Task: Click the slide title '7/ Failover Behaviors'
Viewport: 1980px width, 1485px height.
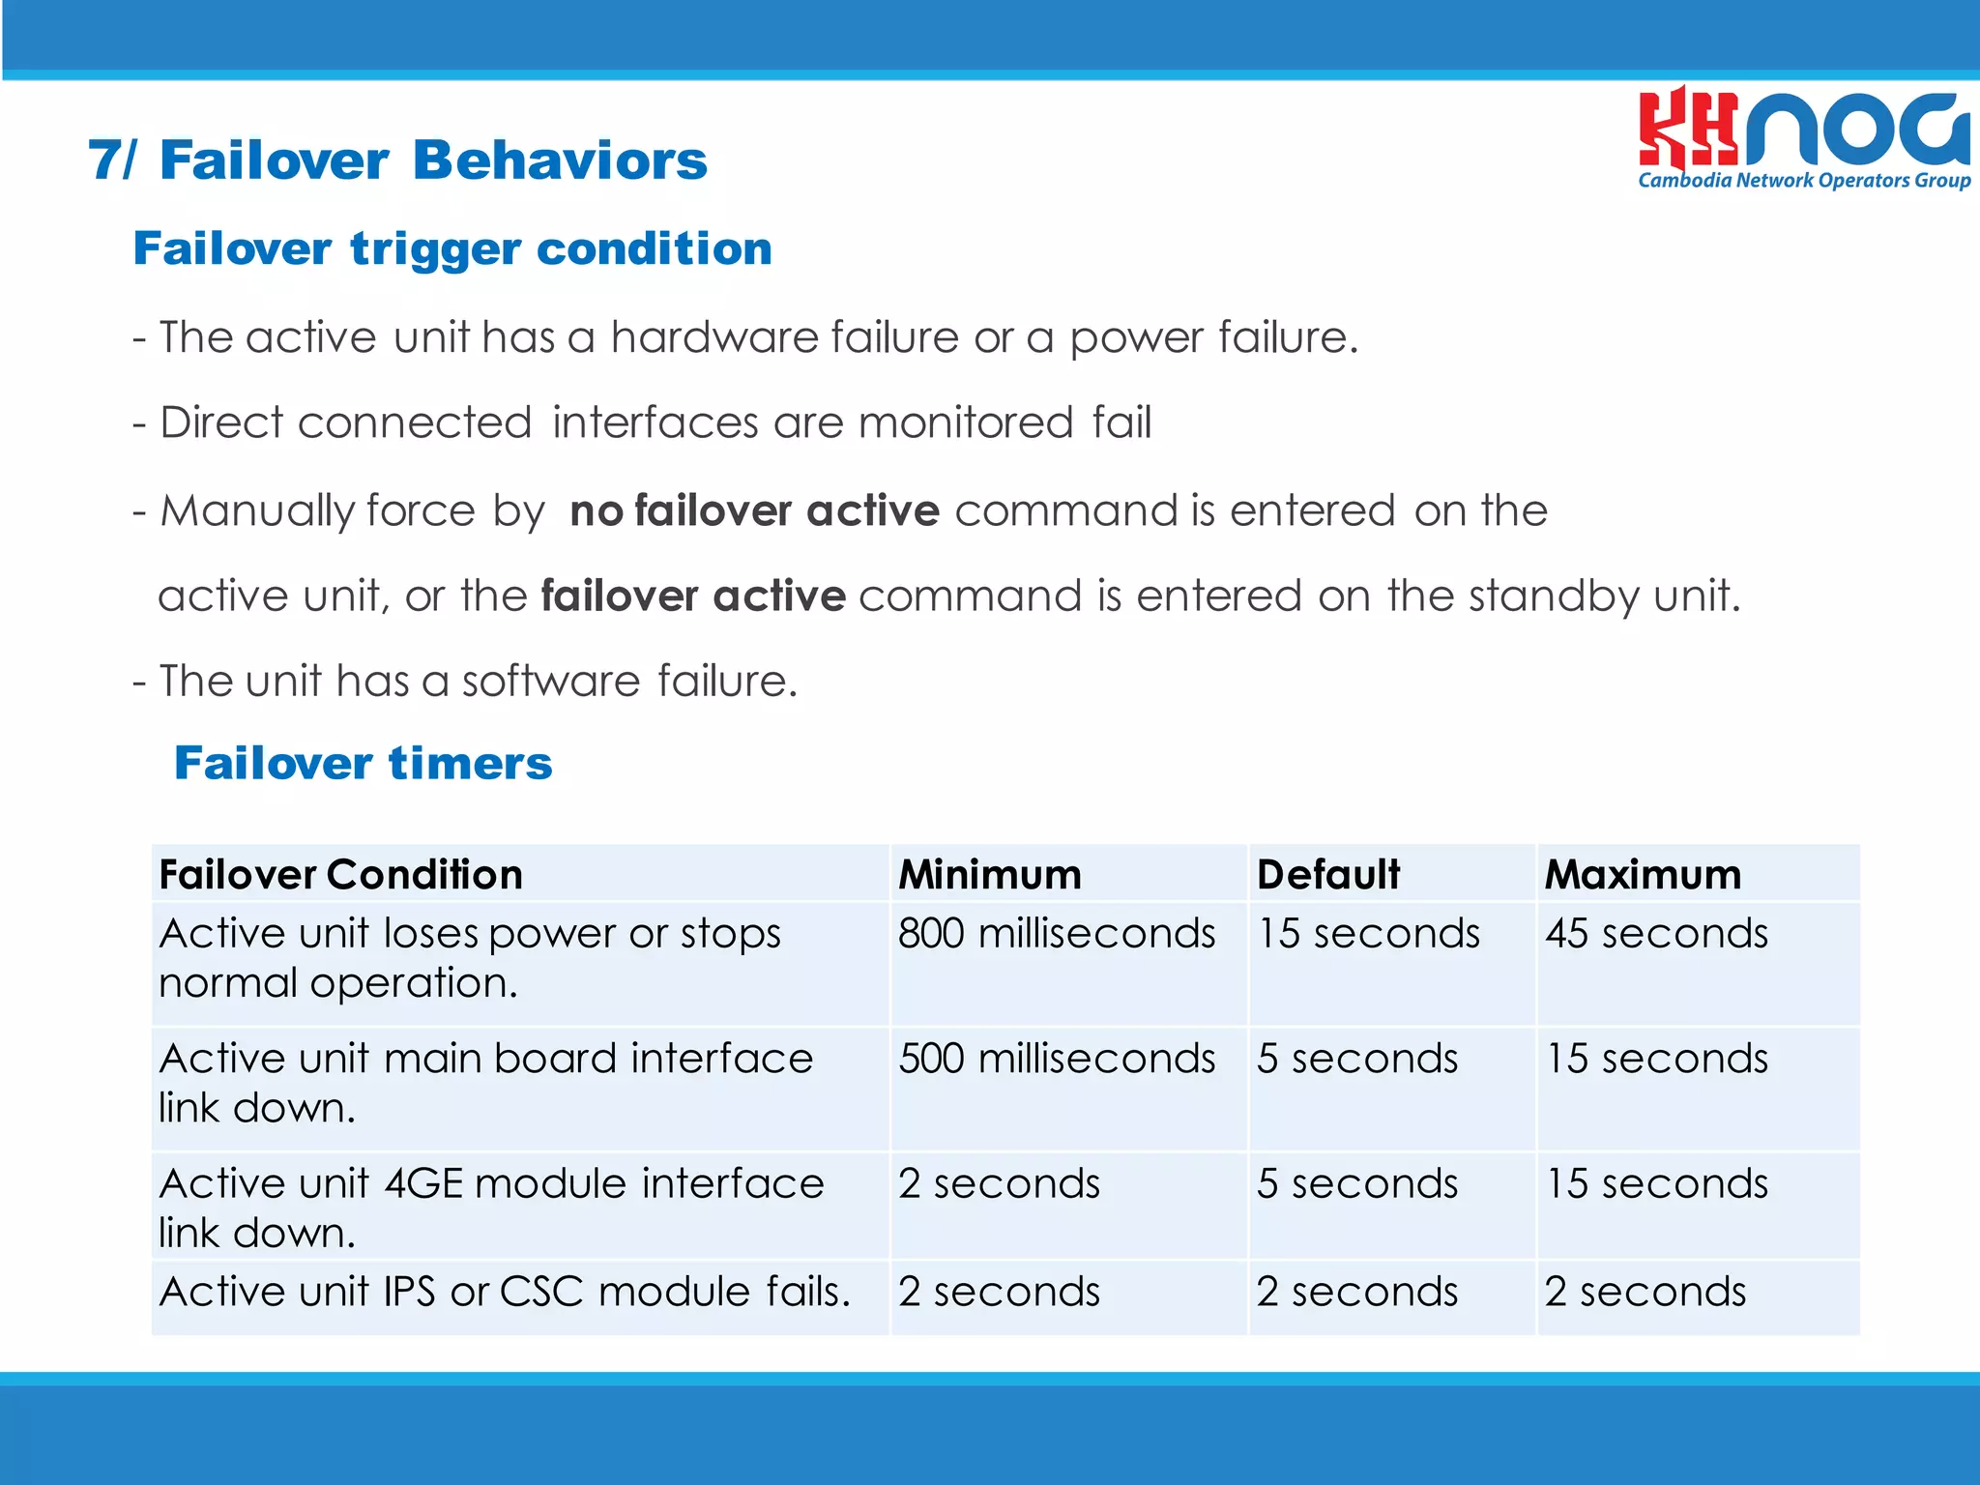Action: pos(397,160)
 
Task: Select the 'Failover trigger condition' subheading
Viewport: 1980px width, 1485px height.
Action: pos(452,248)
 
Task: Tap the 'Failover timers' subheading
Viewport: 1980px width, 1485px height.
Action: pos(363,763)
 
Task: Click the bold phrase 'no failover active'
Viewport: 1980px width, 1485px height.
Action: pos(754,510)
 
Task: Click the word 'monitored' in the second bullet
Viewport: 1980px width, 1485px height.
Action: pos(965,423)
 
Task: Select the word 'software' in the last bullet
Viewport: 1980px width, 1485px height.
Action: pos(550,681)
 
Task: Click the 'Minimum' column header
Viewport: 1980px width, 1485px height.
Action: pos(990,874)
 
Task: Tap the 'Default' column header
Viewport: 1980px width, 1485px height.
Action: pos(1327,874)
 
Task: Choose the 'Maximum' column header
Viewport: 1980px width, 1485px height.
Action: pos(1643,874)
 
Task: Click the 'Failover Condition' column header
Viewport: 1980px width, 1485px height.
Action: pos(341,874)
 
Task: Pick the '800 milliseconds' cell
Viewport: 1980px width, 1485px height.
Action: pos(1057,934)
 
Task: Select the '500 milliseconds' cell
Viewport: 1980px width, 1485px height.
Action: pos(1057,1059)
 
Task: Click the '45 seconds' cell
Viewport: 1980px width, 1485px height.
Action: pos(1656,934)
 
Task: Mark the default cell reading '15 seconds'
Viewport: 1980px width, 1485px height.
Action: pos(1368,934)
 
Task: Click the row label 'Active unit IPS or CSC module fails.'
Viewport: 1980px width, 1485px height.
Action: pos(505,1292)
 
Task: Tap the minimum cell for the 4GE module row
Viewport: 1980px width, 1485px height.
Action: pos(999,1183)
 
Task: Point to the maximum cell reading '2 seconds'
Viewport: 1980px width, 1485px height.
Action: pos(1645,1292)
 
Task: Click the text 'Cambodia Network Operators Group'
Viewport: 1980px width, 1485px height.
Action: pos(1804,181)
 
